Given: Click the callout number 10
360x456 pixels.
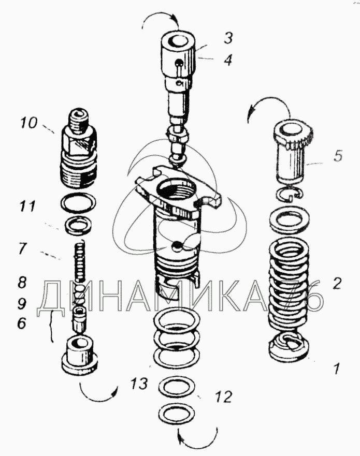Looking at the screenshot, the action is click(x=30, y=124).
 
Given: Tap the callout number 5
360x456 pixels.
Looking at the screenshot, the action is click(x=338, y=156).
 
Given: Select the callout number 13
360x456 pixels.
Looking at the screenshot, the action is click(x=139, y=385).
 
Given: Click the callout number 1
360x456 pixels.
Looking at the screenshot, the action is click(x=336, y=369).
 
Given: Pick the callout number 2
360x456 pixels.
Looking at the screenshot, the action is click(x=337, y=283).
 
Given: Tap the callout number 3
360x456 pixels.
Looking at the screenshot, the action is click(x=228, y=37).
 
